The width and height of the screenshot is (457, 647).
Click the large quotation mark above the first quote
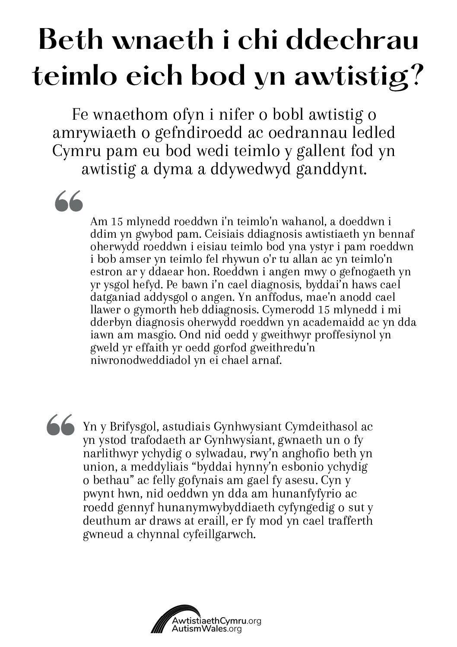[68, 201]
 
